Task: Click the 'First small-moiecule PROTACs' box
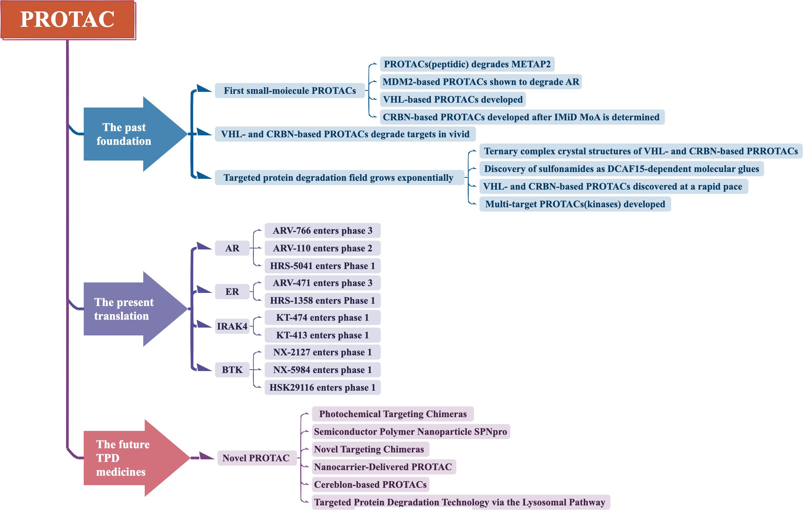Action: (289, 91)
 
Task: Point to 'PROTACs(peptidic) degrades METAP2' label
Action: (467, 64)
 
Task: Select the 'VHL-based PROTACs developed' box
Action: (452, 99)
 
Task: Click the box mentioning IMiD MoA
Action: (522, 117)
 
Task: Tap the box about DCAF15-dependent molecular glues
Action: (621, 169)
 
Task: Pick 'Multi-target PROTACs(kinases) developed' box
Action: (575, 204)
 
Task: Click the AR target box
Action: (232, 248)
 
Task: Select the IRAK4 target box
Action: (232, 326)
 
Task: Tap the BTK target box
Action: (232, 370)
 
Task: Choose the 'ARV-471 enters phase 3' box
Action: (323, 283)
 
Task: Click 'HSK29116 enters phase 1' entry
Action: (323, 387)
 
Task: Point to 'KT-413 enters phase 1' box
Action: (323, 335)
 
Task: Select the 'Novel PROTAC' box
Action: (256, 458)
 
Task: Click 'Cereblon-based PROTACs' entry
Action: (370, 484)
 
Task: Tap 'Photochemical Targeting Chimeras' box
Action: (393, 414)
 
